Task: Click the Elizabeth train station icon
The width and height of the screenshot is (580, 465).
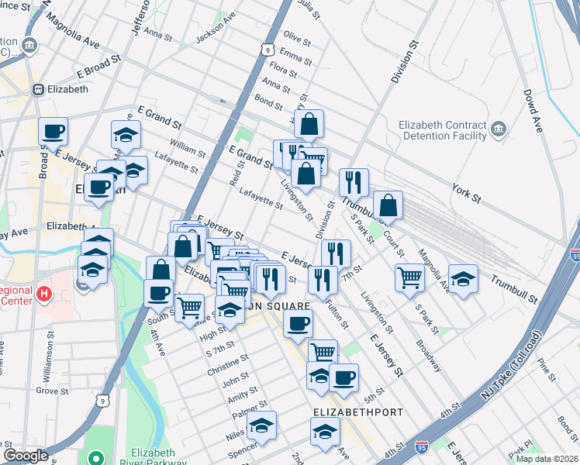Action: (x=37, y=89)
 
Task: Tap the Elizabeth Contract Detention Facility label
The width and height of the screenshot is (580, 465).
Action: (x=442, y=131)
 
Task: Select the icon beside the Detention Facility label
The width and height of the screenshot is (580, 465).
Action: (x=499, y=126)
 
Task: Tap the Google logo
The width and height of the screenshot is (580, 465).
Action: (x=26, y=456)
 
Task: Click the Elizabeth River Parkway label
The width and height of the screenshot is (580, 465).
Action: (x=154, y=458)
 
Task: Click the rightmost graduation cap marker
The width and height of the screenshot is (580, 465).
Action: (x=463, y=278)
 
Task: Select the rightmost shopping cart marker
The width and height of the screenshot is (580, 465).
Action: (x=409, y=277)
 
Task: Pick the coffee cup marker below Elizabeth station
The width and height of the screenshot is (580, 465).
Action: (x=53, y=131)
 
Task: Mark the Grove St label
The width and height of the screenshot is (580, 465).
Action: (x=53, y=391)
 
